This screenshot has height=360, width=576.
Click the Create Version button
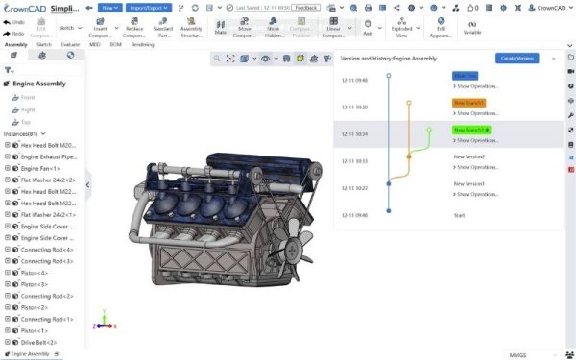coord(517,59)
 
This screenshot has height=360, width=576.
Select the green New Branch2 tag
coord(470,130)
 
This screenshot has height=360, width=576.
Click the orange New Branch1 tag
coord(468,102)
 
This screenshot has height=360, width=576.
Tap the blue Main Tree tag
coord(466,74)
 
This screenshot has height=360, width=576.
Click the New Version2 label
coord(469,156)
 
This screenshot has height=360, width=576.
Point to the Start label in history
coord(459,215)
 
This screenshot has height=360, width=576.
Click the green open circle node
coord(429,130)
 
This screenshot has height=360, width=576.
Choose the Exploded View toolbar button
coord(401,32)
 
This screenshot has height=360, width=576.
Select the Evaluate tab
coord(70,44)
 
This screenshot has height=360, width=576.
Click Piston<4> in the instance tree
coord(35,272)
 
